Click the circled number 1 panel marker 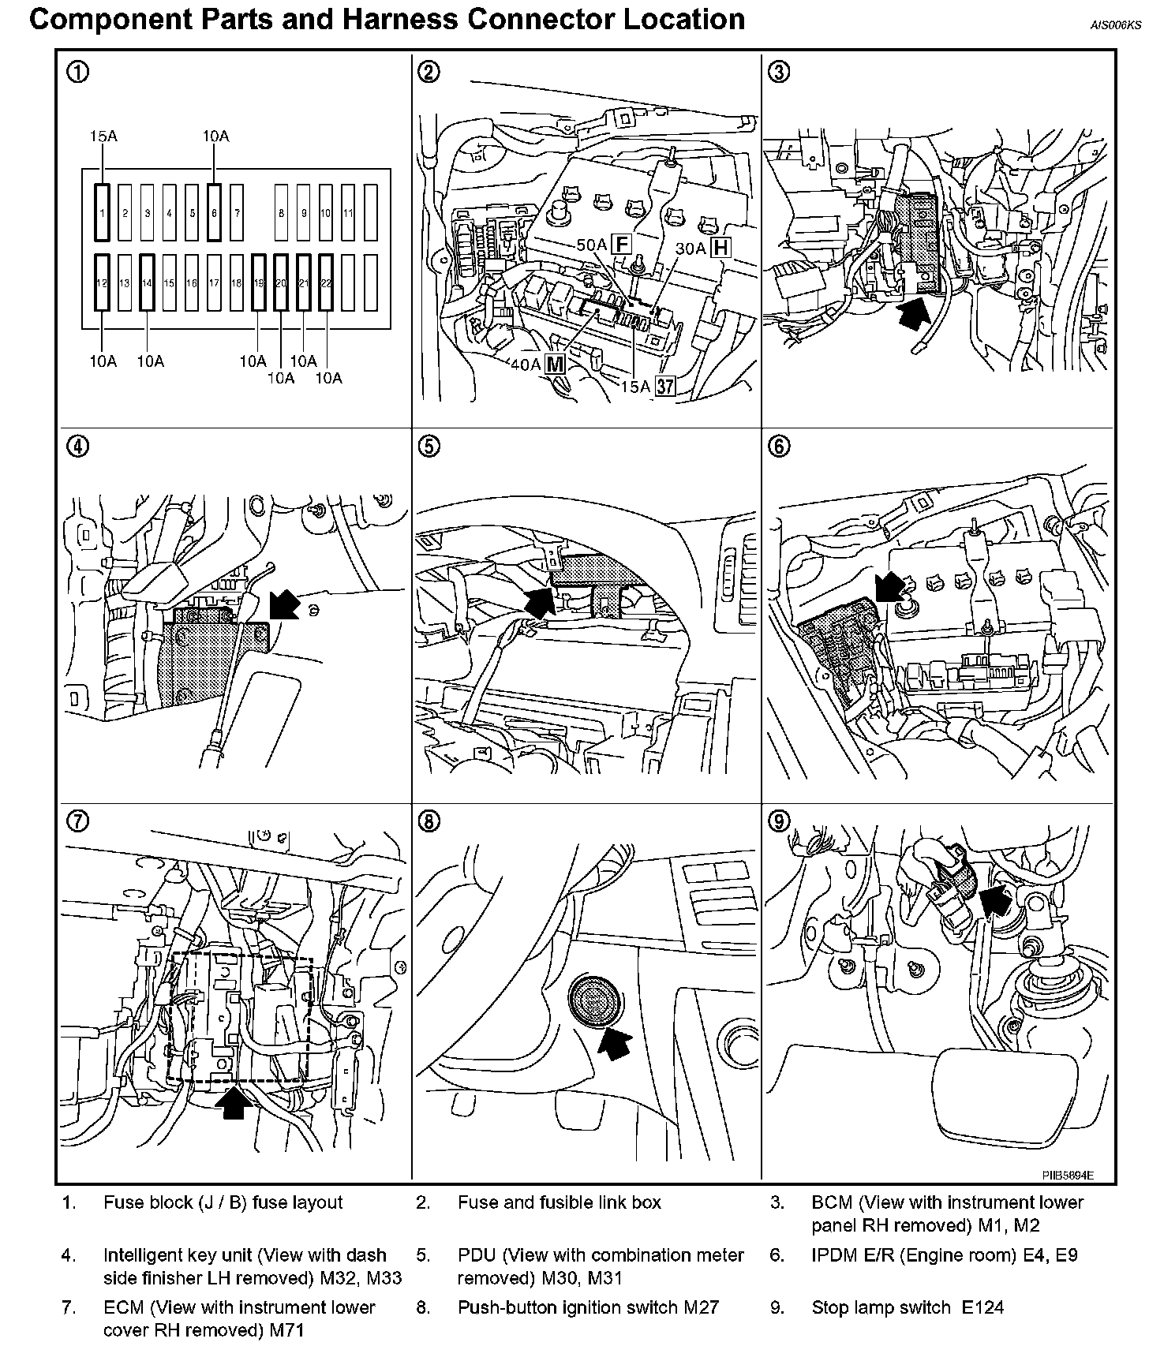tap(77, 72)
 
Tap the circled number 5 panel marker tap(428, 447)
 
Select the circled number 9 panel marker tap(779, 821)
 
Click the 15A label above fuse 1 tap(103, 136)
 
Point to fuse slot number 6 tap(214, 212)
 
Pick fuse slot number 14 tap(147, 282)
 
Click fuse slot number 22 tap(326, 282)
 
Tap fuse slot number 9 tap(304, 212)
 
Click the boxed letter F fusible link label tap(623, 244)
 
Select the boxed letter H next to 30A tap(720, 248)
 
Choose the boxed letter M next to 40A tap(556, 364)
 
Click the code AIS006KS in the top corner tap(1115, 24)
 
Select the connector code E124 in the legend tap(982, 1308)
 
